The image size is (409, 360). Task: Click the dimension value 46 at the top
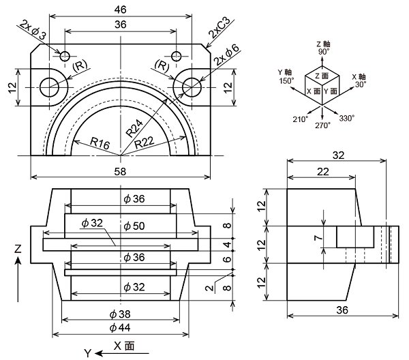(x=120, y=10)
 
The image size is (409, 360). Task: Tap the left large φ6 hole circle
(x=49, y=87)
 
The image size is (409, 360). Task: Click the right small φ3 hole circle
(x=177, y=55)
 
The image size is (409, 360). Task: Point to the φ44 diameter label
(x=120, y=329)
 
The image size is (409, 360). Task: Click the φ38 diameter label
(x=120, y=315)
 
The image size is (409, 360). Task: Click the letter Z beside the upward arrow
(x=18, y=250)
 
